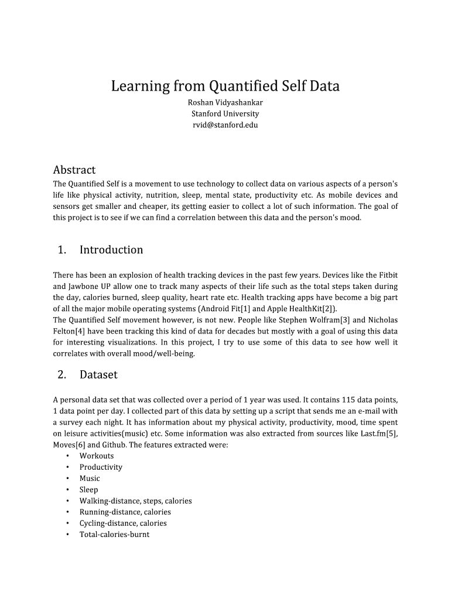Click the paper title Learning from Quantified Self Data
225,87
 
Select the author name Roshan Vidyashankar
225,102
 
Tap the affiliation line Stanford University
225,113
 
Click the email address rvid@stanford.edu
225,125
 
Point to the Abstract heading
74,170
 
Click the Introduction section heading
111,250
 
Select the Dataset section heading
98,374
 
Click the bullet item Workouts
97,456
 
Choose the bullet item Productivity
101,467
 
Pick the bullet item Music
90,478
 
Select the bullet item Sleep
89,490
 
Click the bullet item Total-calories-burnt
114,534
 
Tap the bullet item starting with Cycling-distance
123,523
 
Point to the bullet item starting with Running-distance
125,512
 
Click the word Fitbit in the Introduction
387,275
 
